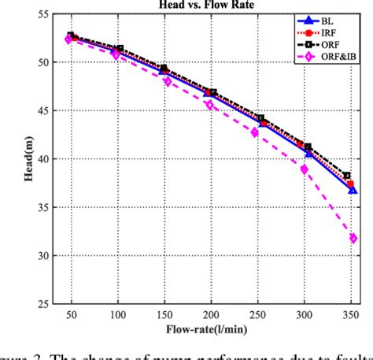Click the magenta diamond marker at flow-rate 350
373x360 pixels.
[353, 238]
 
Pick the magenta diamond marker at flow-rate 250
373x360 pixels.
[255, 132]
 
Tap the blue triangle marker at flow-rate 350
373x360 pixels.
[353, 190]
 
